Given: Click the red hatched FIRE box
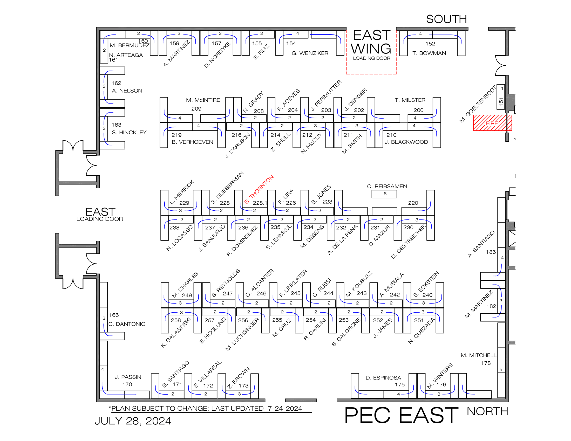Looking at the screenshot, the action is pyautogui.click(x=492, y=123).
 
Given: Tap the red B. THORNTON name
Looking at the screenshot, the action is pyautogui.click(x=259, y=189).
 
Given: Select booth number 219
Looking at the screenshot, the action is pyautogui.click(x=176, y=135).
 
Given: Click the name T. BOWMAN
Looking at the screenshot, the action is pyautogui.click(x=429, y=53).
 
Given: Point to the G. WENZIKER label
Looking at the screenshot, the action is pyautogui.click(x=310, y=53).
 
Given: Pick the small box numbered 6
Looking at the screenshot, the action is pyautogui.click(x=384, y=194).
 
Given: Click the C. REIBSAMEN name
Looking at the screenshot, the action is pyautogui.click(x=387, y=186).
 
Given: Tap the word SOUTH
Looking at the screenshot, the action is pyautogui.click(x=446, y=19).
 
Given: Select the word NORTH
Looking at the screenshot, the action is pyautogui.click(x=487, y=411).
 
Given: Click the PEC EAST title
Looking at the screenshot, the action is pyautogui.click(x=401, y=415).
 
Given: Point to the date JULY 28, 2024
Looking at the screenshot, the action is pyautogui.click(x=133, y=421).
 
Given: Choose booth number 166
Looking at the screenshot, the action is pyautogui.click(x=114, y=315).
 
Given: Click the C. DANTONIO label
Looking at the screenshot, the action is pyautogui.click(x=127, y=324).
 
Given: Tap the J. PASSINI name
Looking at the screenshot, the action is pyautogui.click(x=129, y=377).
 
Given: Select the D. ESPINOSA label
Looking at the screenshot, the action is pyautogui.click(x=383, y=378).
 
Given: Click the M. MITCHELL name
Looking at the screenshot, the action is pyautogui.click(x=478, y=355).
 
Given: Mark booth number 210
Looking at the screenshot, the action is pyautogui.click(x=391, y=135).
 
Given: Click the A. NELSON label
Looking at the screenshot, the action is pyautogui.click(x=127, y=91).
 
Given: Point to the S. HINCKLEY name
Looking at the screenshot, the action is pyautogui.click(x=129, y=133).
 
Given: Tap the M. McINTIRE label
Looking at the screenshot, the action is pyautogui.click(x=203, y=100).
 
